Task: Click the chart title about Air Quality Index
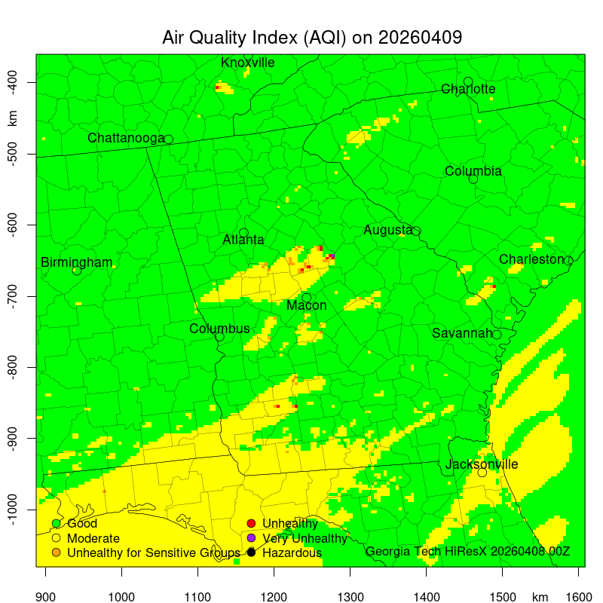coord(312,38)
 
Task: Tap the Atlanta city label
coord(243,240)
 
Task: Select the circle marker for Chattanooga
coord(169,139)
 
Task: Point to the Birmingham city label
coord(76,262)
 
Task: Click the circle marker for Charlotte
coord(468,81)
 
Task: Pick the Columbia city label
coord(473,171)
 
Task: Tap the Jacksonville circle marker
coord(482,473)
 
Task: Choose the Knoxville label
coord(248,63)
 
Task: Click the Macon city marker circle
coord(307,298)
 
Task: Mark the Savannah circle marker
coord(497,335)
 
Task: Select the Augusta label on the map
coord(387,230)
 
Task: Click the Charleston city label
coord(531,259)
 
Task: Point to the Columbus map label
coord(219,329)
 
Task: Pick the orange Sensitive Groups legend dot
coord(56,553)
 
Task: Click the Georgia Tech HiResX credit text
coord(467,552)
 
